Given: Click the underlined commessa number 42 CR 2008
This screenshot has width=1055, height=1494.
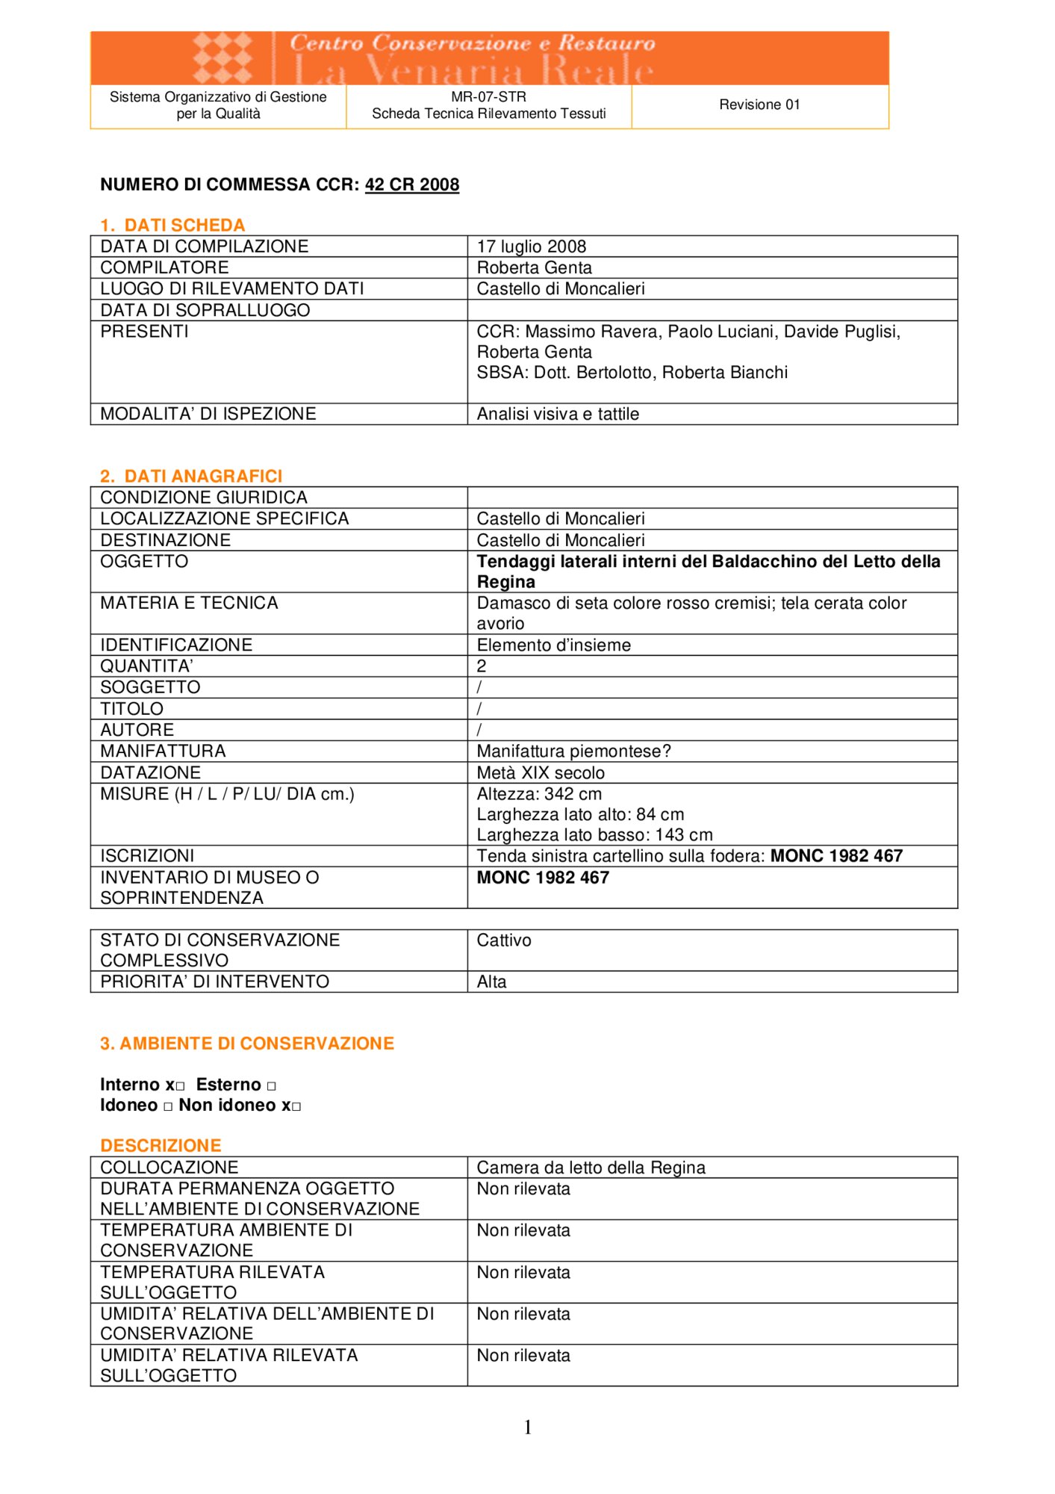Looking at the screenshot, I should click(411, 185).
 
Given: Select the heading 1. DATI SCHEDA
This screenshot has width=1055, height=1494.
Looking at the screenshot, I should click(172, 225).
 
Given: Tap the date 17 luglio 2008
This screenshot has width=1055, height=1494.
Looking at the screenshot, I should click(531, 247).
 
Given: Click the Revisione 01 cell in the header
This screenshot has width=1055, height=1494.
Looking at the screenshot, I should click(759, 105).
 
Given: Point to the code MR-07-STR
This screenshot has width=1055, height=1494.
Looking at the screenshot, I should click(488, 96).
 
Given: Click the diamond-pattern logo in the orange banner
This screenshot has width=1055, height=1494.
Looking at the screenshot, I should click(222, 58).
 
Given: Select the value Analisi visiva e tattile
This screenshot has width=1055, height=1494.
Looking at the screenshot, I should click(558, 414).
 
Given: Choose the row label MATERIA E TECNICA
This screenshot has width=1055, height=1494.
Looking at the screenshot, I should click(189, 603).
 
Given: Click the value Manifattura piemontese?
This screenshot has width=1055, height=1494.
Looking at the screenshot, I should click(573, 751).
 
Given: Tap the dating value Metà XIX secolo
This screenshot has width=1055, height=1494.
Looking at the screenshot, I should click(541, 772).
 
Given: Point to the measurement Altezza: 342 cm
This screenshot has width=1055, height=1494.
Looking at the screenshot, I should click(539, 794).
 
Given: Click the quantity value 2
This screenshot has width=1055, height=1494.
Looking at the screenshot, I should click(482, 666).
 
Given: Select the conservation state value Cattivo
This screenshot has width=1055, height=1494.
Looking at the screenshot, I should click(504, 940).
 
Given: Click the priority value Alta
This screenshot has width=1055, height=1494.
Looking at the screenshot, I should click(491, 982).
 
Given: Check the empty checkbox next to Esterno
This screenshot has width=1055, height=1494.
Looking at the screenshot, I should click(271, 1086).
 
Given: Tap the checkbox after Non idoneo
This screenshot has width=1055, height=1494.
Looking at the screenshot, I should click(296, 1106).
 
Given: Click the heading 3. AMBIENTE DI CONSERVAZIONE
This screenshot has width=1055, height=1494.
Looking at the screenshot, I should click(246, 1044).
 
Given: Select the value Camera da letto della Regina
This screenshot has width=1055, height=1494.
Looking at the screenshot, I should click(591, 1167).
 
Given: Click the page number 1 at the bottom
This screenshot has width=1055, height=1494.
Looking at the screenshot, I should click(528, 1428).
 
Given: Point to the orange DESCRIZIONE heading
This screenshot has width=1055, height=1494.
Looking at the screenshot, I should click(161, 1145).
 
